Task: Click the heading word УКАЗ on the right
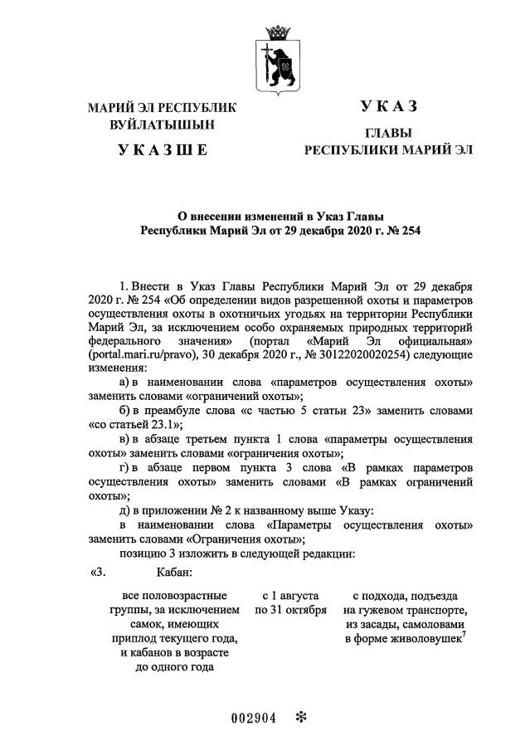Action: [387, 107]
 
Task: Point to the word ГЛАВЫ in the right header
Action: [388, 133]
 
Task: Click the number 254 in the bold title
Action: [408, 230]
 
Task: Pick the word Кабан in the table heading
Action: [174, 572]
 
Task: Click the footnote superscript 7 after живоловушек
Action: [466, 634]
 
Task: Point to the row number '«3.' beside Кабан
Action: [98, 572]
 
